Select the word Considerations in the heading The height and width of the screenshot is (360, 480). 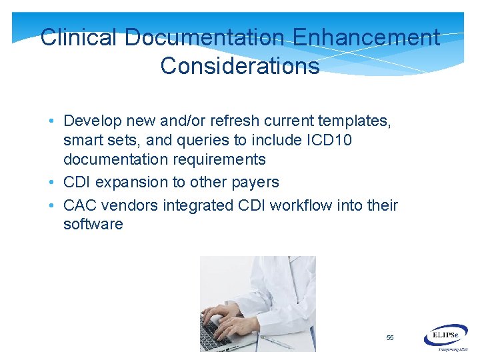[240, 66]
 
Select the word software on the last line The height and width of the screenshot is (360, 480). [93, 224]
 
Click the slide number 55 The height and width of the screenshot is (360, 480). [390, 338]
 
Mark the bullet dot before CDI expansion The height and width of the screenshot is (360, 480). [51, 183]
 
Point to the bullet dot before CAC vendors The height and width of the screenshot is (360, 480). [51, 205]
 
